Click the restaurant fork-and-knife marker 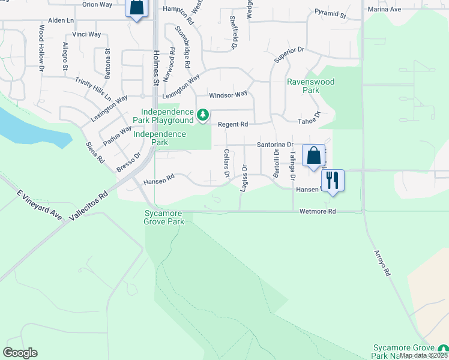332,179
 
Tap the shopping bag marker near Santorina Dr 313,155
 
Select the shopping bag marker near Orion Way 136,8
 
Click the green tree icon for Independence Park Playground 203,114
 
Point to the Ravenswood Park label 310,85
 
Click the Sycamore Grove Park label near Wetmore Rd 164,217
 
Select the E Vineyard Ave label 40,205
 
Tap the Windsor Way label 228,95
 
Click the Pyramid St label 330,13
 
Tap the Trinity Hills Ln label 93,88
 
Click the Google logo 20,353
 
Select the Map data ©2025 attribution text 424,355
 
